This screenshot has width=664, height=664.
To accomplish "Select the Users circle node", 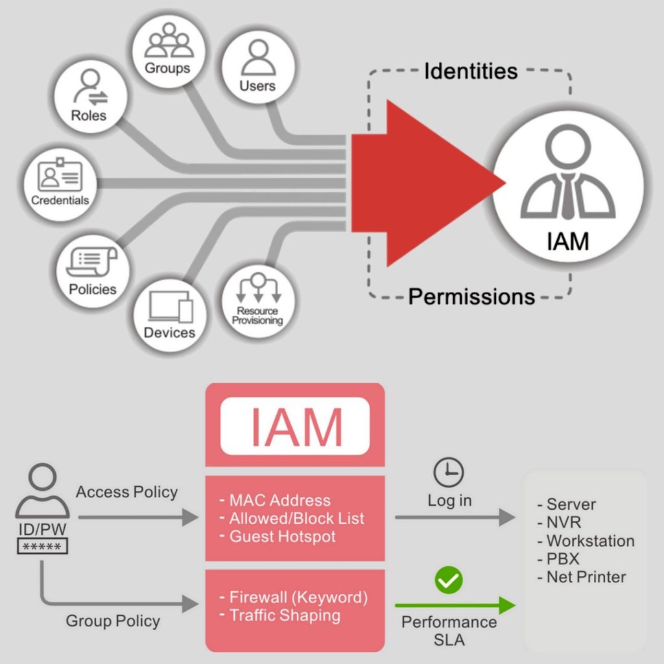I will pos(257,68).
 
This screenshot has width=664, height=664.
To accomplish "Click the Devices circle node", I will pos(169,315).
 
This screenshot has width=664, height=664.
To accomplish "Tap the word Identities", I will pos(471,71).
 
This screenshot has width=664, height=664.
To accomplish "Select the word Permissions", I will pos(471,297).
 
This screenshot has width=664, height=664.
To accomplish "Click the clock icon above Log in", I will pos(449,472).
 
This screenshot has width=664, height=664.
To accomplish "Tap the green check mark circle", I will pos(449,580).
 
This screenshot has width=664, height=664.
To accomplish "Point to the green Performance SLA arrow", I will pos(455,606).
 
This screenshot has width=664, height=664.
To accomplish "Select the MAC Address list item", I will pos(279,501).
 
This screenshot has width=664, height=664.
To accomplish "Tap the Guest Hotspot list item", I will pos(282,537).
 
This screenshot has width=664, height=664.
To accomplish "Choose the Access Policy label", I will pos(126,492).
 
